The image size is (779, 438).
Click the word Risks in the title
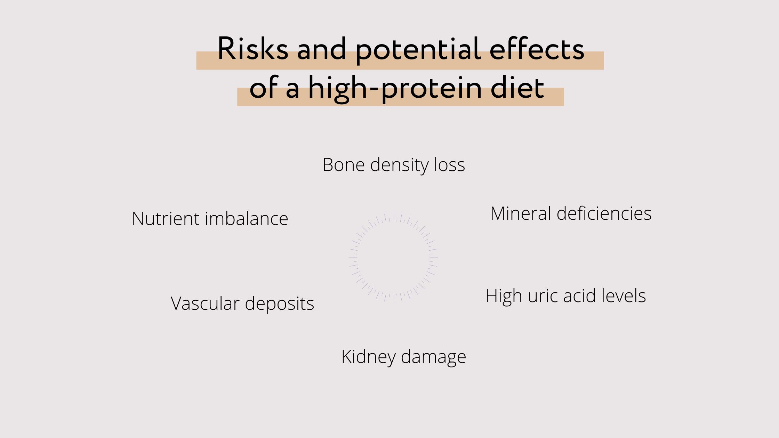[253, 49]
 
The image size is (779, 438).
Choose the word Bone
[343, 165]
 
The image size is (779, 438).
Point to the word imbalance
[247, 219]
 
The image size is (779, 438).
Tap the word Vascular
[205, 303]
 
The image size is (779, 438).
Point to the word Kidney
[369, 357]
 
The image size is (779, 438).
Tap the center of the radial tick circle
[393, 258]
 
